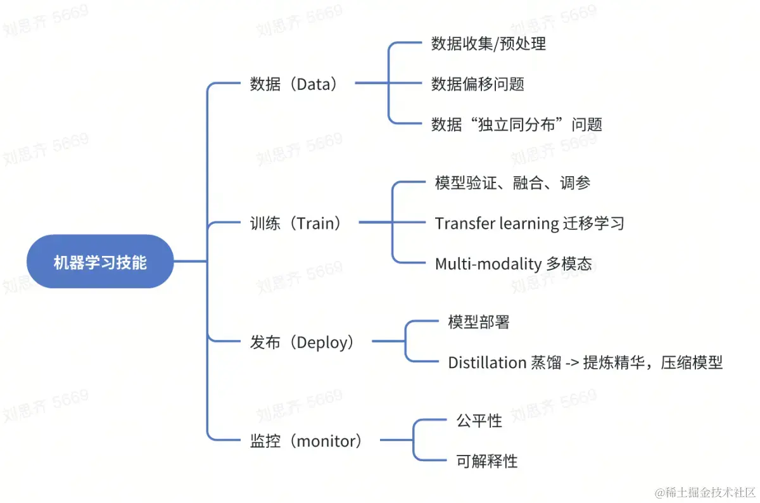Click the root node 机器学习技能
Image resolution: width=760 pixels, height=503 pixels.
(x=100, y=262)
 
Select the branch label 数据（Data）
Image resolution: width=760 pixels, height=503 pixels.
(x=293, y=84)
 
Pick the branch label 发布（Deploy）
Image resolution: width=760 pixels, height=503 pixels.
(x=302, y=343)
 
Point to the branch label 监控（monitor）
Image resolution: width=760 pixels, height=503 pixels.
(x=306, y=441)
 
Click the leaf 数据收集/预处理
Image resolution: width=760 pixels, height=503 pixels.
(x=488, y=44)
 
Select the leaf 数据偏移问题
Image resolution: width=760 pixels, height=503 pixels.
(x=478, y=84)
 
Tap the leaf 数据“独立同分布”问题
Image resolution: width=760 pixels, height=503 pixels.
(x=516, y=124)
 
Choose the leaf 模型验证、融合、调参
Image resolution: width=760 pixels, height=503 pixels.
(x=512, y=183)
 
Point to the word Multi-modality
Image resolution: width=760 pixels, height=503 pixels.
(x=488, y=264)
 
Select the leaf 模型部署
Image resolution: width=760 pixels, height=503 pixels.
(x=478, y=322)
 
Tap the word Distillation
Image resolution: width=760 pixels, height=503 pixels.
(x=487, y=362)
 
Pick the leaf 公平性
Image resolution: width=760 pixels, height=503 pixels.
(x=479, y=421)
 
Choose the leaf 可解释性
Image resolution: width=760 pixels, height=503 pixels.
(x=486, y=461)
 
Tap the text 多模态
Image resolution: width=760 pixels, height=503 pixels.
(x=569, y=264)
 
